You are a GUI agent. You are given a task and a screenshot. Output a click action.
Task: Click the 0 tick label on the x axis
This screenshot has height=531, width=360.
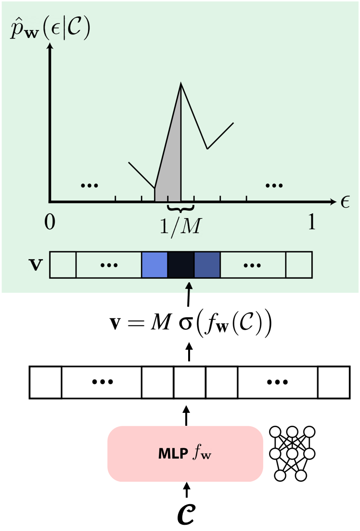point(50,222)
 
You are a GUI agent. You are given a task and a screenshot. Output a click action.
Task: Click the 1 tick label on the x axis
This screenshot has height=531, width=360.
point(312,222)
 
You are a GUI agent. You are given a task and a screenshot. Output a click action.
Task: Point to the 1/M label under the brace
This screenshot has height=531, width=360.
point(180,226)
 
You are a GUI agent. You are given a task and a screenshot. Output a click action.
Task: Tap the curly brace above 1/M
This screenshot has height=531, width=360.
point(180,208)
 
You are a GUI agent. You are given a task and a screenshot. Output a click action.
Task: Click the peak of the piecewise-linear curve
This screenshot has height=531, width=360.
point(181,83)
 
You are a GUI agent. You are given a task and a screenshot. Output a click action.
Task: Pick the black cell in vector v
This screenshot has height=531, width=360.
point(180,265)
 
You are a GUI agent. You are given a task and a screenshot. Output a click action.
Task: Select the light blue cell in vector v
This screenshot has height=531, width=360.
point(155,265)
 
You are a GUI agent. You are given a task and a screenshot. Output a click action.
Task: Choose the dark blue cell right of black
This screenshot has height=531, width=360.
point(207,265)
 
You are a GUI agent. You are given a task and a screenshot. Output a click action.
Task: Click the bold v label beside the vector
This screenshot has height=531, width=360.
point(35,265)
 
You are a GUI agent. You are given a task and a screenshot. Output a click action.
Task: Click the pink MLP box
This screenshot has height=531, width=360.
point(185,454)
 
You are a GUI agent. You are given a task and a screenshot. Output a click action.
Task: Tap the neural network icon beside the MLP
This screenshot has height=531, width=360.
point(292,454)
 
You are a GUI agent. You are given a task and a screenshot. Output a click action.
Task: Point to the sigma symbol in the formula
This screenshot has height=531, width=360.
point(185,323)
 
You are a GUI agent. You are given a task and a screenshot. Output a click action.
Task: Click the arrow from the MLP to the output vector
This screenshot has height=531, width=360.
point(186,415)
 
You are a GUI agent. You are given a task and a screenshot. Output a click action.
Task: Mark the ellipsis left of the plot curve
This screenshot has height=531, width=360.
point(90,185)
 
